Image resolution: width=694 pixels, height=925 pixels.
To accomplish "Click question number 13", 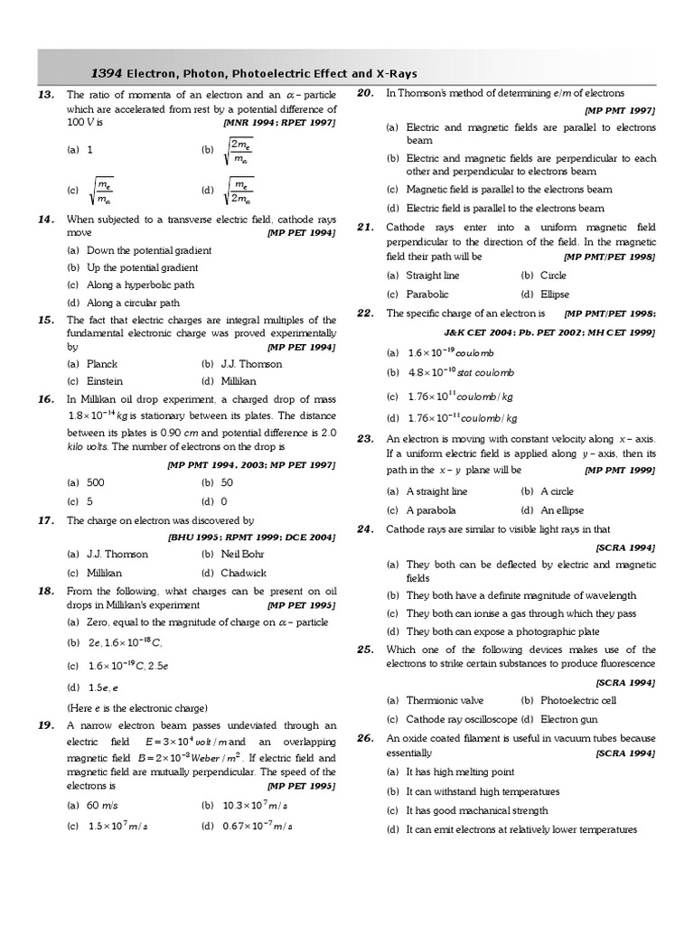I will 47,94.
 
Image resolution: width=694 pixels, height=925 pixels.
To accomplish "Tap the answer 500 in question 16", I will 95,483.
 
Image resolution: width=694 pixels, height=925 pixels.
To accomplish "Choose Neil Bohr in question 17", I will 243,554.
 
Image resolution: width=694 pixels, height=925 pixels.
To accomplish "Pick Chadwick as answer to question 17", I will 244,573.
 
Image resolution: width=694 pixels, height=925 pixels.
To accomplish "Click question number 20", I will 365,93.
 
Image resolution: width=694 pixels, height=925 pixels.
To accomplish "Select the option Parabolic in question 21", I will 427,294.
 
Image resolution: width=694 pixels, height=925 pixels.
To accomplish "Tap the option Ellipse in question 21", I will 554,294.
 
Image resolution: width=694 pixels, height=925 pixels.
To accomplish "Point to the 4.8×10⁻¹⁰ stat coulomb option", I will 460,372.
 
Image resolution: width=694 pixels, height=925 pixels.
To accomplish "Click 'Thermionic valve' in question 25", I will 445,700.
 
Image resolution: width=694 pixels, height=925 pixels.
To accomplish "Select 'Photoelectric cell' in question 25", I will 578,700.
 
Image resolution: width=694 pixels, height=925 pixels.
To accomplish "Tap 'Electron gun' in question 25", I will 570,719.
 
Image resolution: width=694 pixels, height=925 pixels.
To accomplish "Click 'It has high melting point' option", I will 460,772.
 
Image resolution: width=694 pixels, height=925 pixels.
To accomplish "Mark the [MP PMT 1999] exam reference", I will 620,471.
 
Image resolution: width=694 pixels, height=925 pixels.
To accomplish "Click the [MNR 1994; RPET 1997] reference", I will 279,122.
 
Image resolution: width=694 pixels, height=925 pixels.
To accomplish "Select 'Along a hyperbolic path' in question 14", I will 140,285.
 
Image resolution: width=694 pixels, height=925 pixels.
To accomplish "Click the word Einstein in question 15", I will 104,381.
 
